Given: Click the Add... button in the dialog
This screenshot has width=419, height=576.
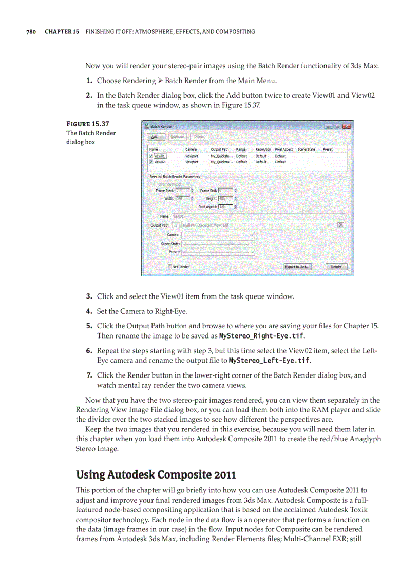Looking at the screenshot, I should [x=155, y=137].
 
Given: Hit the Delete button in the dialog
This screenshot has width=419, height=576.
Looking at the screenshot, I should [x=199, y=137].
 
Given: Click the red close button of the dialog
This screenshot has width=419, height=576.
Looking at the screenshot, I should [x=346, y=126].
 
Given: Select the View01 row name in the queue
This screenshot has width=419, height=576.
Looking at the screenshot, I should [x=160, y=156].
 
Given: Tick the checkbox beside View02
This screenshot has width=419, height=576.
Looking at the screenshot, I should [x=151, y=162].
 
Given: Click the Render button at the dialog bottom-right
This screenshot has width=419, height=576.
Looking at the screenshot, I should [x=336, y=267].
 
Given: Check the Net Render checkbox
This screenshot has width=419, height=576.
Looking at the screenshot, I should [x=170, y=267].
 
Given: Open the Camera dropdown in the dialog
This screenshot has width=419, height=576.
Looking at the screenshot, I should [x=218, y=234].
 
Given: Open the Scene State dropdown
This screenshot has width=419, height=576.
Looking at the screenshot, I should [x=218, y=244].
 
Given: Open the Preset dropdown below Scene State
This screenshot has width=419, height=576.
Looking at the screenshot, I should [x=218, y=252].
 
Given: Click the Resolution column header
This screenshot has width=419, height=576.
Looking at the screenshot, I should [x=263, y=149].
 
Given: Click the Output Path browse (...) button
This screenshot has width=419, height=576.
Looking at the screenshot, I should [x=176, y=225].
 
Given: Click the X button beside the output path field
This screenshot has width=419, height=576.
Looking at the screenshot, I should [x=341, y=225].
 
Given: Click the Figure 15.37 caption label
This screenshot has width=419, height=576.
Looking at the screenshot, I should [x=88, y=124].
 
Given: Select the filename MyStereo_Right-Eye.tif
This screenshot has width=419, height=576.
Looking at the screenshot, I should [x=261, y=336].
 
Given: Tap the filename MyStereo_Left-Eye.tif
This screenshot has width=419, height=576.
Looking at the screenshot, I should [x=269, y=361].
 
